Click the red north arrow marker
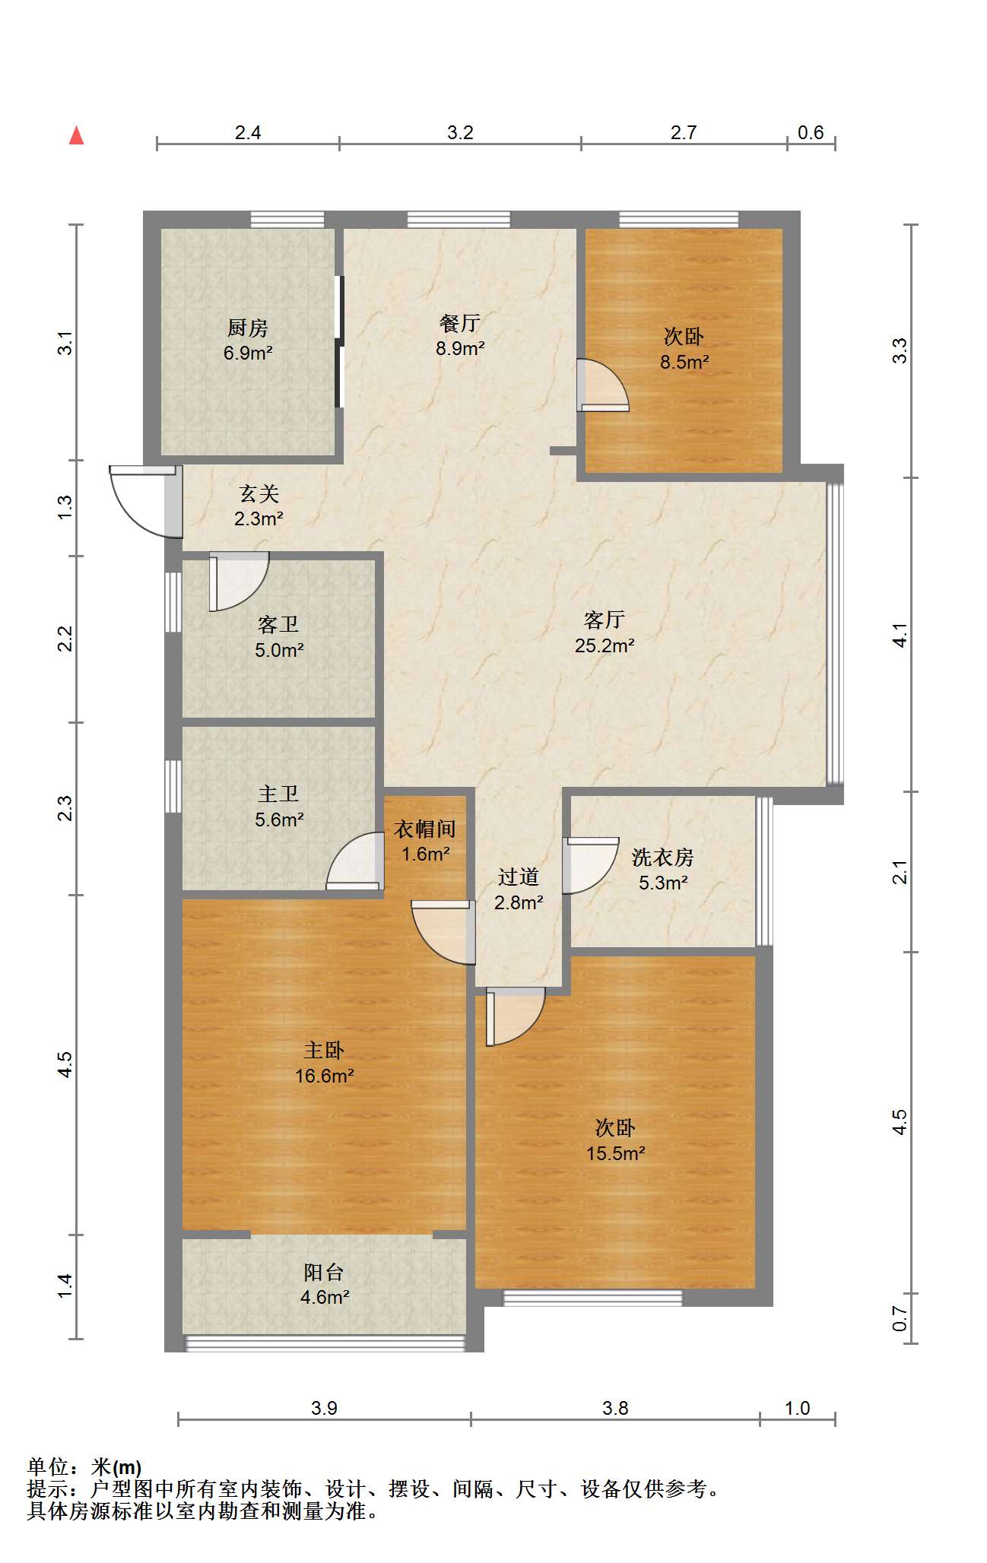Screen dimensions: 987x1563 tap(76, 135)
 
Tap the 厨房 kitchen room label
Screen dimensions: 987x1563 tap(248, 328)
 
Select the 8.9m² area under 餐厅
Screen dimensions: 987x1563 tap(460, 348)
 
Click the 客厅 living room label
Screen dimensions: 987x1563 tap(605, 620)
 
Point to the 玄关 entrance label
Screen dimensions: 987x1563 tap(259, 493)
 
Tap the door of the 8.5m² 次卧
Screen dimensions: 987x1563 tap(603, 385)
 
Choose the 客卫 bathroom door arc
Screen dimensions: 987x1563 tap(239, 582)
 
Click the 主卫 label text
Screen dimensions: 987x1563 tap(278, 794)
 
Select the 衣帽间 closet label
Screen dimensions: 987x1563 tap(425, 829)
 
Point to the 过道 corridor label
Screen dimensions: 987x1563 tap(519, 877)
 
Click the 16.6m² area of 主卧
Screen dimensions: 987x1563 tap(325, 1076)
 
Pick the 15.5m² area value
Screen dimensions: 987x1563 tap(615, 1153)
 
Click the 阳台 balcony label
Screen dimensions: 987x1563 tap(324, 1272)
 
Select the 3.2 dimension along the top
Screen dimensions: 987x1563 tap(460, 133)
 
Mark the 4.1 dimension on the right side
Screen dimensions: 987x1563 tap(900, 635)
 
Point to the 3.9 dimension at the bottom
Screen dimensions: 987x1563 tap(324, 1409)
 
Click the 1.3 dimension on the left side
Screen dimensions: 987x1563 tap(65, 507)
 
